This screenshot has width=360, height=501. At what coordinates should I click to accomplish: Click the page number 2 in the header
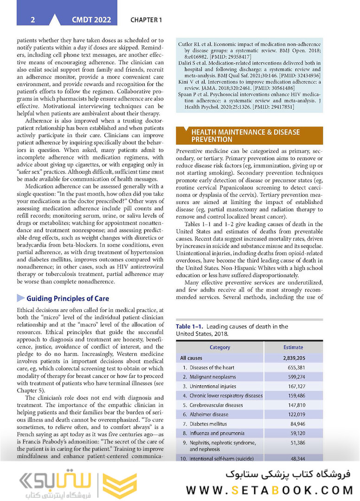(x=32, y=20)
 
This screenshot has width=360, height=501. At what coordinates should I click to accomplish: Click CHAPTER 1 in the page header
(x=146, y=20)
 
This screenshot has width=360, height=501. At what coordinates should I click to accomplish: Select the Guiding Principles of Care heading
(x=68, y=298)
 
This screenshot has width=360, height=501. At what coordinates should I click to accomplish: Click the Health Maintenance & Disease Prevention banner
(x=250, y=136)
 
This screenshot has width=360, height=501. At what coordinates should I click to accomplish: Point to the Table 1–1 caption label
(x=190, y=326)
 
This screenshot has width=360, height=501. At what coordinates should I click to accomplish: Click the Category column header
(x=219, y=347)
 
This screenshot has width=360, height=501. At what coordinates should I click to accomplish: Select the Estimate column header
(x=293, y=347)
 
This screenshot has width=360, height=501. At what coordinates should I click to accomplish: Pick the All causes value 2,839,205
(x=293, y=358)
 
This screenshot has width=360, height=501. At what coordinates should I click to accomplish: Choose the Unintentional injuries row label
(x=212, y=386)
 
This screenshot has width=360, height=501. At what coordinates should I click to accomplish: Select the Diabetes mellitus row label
(x=208, y=423)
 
